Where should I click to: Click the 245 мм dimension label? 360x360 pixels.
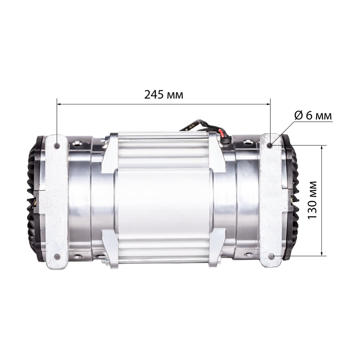(x=164, y=94)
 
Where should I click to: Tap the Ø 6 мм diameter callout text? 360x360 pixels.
(x=313, y=116)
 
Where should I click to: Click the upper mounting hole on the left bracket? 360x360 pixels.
(x=57, y=145)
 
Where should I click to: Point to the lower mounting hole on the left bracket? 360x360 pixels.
(x=57, y=256)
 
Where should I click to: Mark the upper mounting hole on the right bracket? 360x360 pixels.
(x=271, y=145)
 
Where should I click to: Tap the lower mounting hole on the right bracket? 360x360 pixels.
(x=271, y=256)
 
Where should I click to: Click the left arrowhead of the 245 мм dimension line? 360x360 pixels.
(x=59, y=104)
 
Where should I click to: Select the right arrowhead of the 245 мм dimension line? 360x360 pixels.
(x=269, y=104)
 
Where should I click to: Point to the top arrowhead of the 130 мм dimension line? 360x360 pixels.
(x=322, y=147)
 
